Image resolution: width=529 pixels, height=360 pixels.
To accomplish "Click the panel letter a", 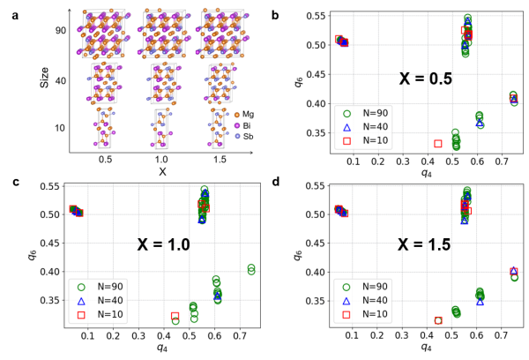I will [x=6, y=6].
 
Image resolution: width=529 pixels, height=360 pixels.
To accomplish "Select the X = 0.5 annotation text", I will [x=424, y=78].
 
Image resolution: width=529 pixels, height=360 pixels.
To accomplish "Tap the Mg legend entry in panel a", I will [x=248, y=114].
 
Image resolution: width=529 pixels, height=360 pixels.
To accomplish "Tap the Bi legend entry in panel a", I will [x=248, y=125].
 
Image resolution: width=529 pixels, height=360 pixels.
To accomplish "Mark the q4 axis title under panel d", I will [x=425, y=349].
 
